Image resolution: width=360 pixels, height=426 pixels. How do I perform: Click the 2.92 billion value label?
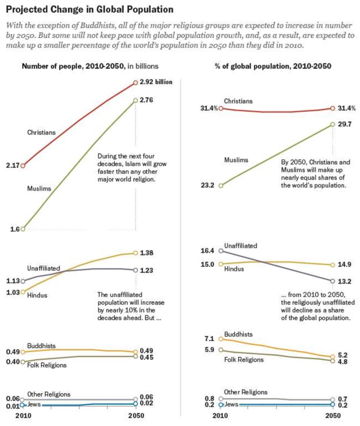(156, 82)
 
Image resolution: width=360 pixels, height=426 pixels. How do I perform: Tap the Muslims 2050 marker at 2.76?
(135, 100)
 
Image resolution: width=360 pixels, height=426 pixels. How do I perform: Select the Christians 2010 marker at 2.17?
(23, 166)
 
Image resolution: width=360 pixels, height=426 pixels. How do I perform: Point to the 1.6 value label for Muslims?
(15, 229)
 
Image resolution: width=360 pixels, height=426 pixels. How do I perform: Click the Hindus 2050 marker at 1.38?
(135, 253)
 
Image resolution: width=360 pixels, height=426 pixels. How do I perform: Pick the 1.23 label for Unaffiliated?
(147, 270)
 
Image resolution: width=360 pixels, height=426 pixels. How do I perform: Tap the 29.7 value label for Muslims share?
(345, 124)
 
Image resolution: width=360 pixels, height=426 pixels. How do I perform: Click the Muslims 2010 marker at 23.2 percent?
(221, 186)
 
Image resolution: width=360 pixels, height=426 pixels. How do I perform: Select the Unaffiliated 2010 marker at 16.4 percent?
(221, 251)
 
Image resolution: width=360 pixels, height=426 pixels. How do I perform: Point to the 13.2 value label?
(345, 281)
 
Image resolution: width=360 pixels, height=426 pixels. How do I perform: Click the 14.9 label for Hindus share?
(345, 264)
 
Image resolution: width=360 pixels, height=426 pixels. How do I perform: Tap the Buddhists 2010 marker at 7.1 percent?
(221, 339)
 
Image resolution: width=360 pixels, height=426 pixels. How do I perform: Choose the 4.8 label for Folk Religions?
(343, 362)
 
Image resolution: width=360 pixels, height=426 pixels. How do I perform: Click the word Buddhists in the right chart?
(238, 334)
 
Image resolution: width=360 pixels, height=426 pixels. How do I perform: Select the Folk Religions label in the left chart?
(47, 365)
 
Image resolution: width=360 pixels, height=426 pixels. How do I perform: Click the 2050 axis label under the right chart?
(333, 416)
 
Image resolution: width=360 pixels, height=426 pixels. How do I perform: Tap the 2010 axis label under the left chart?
(23, 416)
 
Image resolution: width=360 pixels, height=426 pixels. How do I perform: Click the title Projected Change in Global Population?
(90, 10)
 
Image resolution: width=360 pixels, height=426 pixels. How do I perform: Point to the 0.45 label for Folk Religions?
(147, 357)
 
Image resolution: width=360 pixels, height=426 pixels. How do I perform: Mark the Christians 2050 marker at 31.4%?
(333, 108)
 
